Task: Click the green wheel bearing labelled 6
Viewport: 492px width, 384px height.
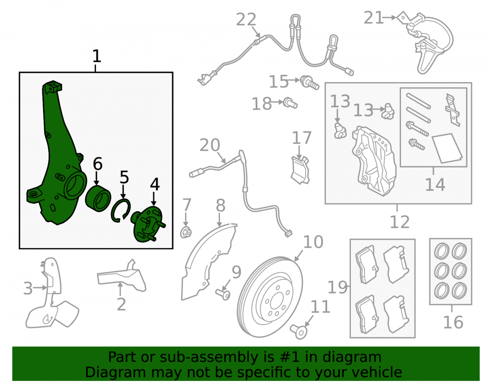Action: [98, 198]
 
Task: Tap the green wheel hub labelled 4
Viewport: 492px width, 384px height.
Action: [148, 224]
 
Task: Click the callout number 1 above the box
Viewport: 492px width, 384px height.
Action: [96, 57]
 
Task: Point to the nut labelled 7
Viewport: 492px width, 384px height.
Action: [186, 232]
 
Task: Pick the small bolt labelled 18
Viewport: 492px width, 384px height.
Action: [290, 103]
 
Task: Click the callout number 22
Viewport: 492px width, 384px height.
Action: [246, 20]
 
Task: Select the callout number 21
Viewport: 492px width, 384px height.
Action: [373, 18]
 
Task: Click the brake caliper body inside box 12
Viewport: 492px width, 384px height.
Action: [374, 160]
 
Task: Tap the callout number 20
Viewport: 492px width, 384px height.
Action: [210, 145]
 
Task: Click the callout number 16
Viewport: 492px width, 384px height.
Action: [453, 322]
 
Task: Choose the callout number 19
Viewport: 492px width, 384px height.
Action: [338, 287]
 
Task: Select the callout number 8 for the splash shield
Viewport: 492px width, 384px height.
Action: [220, 206]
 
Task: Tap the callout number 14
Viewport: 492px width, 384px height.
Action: [435, 184]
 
